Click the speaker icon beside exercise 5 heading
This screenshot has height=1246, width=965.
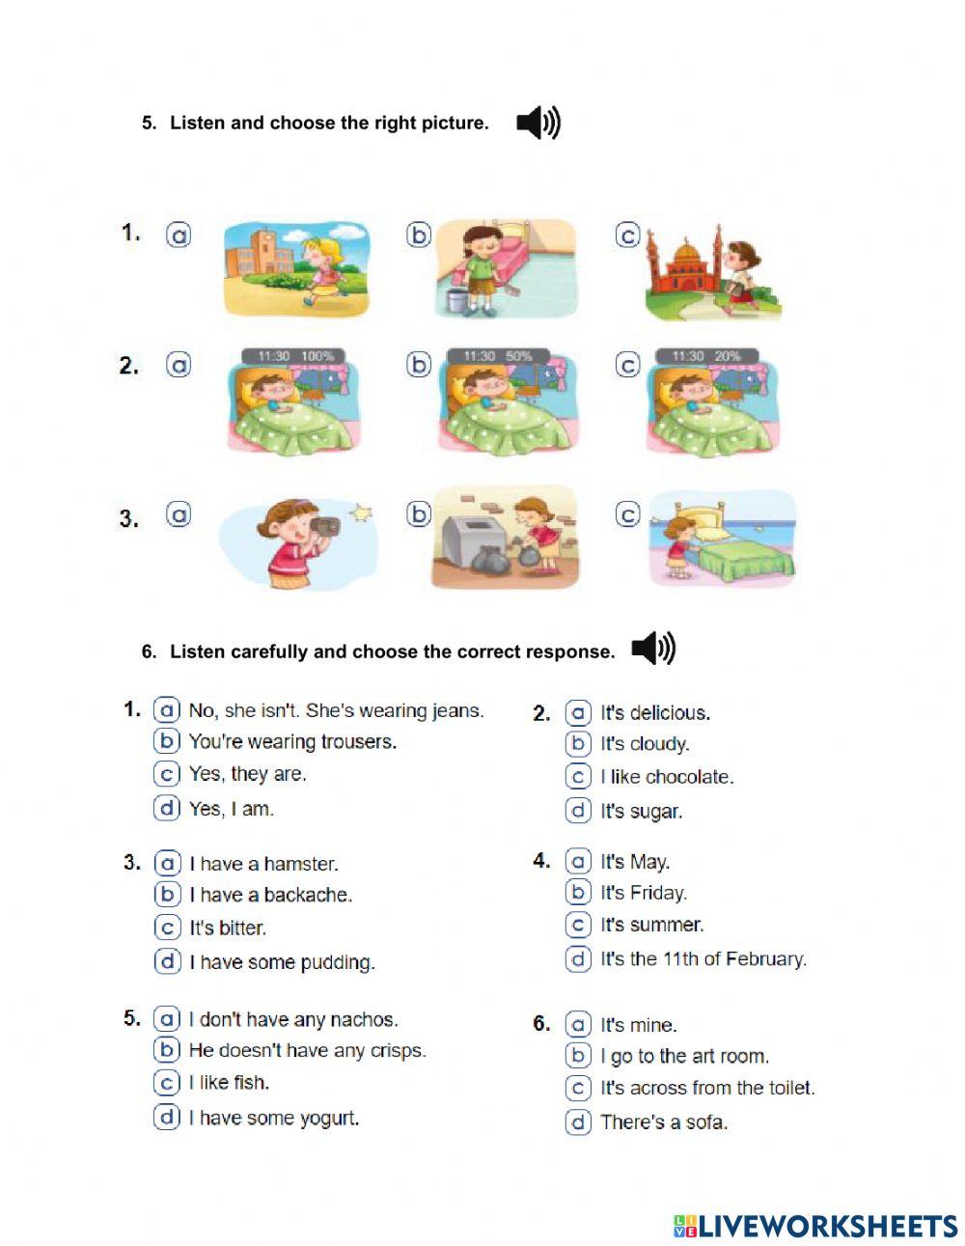(x=538, y=124)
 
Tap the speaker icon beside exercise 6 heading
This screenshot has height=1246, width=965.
(x=652, y=650)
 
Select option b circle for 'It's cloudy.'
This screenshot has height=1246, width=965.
(x=577, y=743)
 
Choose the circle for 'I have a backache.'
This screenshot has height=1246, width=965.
(x=167, y=895)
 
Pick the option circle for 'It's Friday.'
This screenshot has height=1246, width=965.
(x=577, y=893)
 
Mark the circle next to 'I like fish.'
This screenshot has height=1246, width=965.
(x=167, y=1082)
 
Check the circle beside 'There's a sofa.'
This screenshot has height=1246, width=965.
(x=577, y=1121)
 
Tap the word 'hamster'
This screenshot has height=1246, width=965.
(x=299, y=864)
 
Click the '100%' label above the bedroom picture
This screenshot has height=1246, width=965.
(x=317, y=356)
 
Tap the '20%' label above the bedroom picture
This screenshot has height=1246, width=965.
(x=728, y=356)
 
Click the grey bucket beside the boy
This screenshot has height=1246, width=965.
(x=456, y=300)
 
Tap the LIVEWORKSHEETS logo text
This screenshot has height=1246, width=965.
(x=827, y=1226)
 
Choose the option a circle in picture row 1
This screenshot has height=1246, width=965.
(x=179, y=235)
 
